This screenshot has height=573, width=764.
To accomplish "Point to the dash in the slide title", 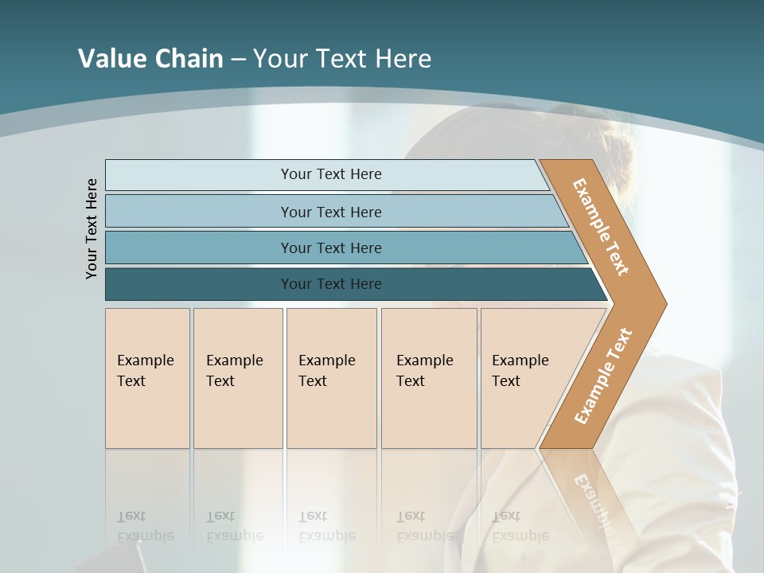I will pyautogui.click(x=238, y=60).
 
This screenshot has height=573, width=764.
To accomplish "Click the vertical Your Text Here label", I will pyautogui.click(x=92, y=228).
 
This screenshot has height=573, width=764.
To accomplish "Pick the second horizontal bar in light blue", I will pyautogui.click(x=330, y=212).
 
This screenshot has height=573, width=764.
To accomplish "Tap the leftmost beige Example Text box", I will pyautogui.click(x=147, y=378).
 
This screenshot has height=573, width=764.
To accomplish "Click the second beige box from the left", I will pyautogui.click(x=238, y=378).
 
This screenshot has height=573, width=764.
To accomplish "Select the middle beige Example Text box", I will pyautogui.click(x=331, y=378).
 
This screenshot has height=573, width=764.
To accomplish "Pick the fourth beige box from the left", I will pyautogui.click(x=429, y=378).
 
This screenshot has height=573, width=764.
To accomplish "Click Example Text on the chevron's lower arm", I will pyautogui.click(x=602, y=376).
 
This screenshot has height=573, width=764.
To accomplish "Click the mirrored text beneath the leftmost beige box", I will pyautogui.click(x=146, y=526).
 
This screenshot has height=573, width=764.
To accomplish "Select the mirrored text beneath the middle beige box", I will pyautogui.click(x=327, y=526).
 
